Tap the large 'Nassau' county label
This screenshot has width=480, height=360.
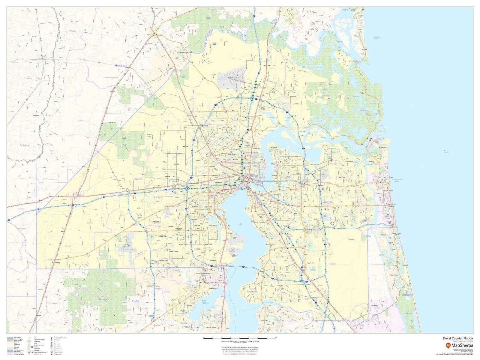pos(121,65)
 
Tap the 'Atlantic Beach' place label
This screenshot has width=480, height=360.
pos(388,177)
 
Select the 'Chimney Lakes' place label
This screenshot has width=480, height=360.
pos(165,260)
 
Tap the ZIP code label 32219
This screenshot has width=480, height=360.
pos(167,121)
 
